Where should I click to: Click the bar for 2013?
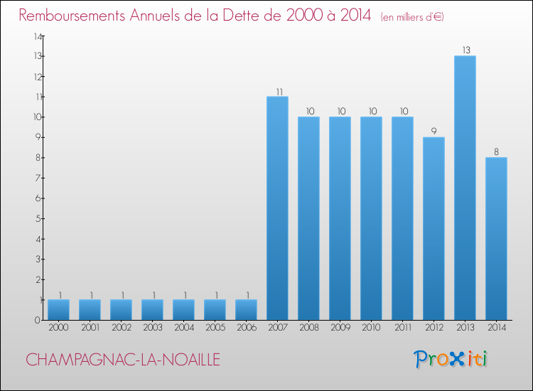click(x=465, y=188)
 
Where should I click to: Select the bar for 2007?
click(x=277, y=208)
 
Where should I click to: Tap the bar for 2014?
click(x=496, y=239)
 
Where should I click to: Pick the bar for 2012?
click(x=434, y=228)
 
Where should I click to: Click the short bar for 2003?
click(x=152, y=309)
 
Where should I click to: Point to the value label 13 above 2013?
click(x=465, y=50)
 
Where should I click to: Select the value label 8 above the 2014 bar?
click(x=496, y=151)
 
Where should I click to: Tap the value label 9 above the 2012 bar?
click(x=434, y=132)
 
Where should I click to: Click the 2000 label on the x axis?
click(x=58, y=328)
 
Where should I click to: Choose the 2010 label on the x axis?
click(x=371, y=328)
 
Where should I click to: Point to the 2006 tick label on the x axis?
click(x=246, y=328)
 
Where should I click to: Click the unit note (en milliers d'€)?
click(x=412, y=16)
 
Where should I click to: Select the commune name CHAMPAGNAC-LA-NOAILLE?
click(x=123, y=360)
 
